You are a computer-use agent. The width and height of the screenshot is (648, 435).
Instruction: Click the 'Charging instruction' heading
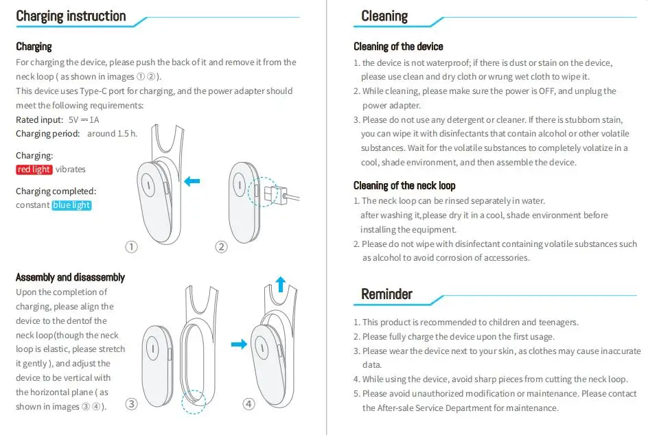click(71, 16)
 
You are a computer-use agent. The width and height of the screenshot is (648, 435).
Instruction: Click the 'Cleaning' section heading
click(384, 16)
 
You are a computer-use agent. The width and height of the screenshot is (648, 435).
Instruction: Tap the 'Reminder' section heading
click(386, 294)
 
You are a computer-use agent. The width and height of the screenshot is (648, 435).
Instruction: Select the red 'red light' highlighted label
click(34, 169)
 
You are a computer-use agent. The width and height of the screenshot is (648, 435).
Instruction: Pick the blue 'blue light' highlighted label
click(71, 205)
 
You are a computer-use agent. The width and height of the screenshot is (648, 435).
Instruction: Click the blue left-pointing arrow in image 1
click(192, 181)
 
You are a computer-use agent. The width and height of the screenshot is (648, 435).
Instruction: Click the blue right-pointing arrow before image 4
click(239, 344)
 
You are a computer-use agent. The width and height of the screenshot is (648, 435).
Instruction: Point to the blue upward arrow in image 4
click(280, 283)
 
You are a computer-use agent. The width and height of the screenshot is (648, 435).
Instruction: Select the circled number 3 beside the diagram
click(131, 404)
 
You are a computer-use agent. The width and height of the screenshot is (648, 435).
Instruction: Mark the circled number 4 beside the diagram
click(248, 404)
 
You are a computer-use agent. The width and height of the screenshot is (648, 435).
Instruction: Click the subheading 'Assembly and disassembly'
click(70, 277)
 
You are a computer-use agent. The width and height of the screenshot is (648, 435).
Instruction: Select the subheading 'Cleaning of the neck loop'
click(404, 186)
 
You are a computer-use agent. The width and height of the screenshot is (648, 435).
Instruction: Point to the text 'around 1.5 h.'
click(112, 134)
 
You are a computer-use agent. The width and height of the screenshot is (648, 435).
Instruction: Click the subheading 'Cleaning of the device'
click(398, 47)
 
